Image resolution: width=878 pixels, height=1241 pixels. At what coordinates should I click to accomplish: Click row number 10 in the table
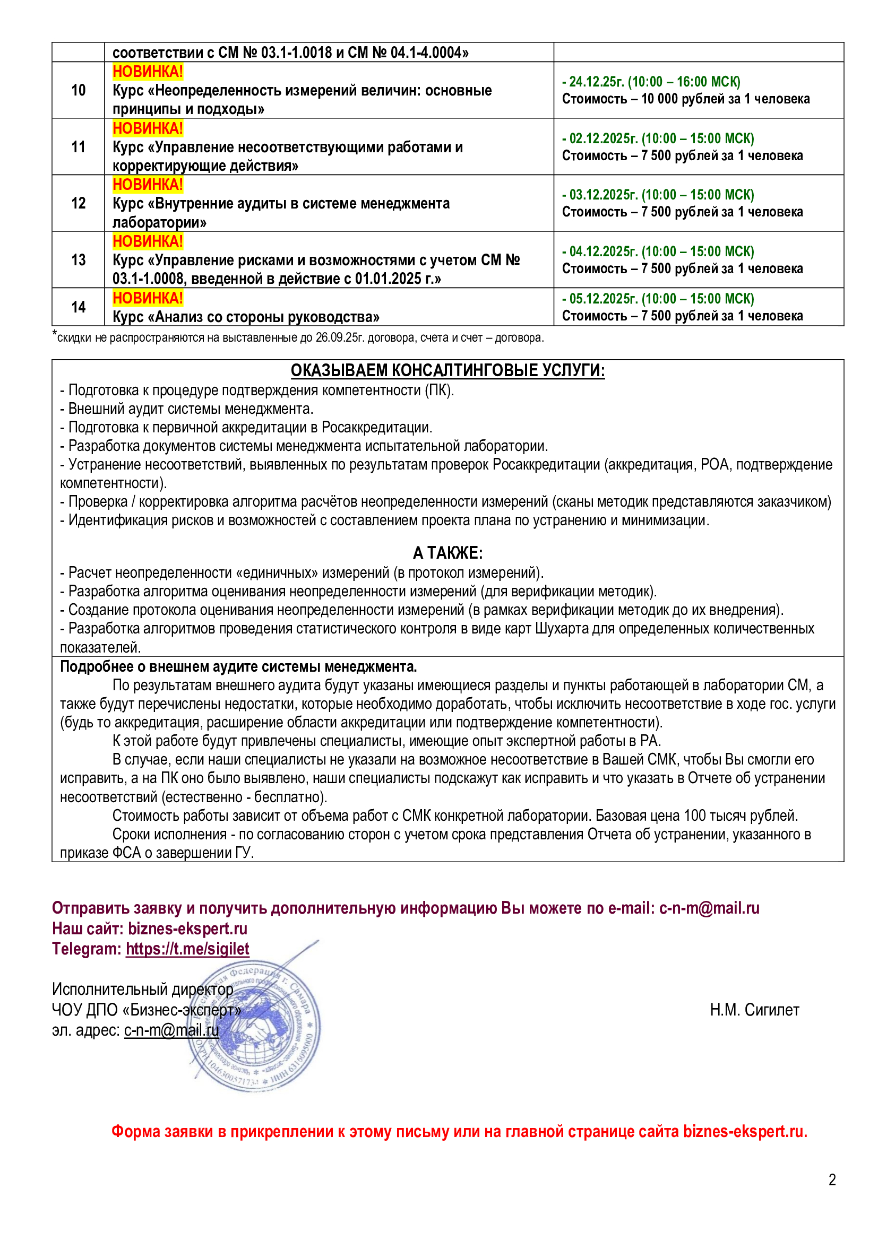(79, 90)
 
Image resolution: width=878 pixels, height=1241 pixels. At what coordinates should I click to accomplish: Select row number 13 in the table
(79, 260)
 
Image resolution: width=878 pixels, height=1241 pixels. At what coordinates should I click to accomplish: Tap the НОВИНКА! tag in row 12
(148, 185)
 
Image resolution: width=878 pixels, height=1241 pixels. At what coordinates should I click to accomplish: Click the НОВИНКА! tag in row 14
(148, 298)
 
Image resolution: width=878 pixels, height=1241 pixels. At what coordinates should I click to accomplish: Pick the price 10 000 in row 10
(659, 99)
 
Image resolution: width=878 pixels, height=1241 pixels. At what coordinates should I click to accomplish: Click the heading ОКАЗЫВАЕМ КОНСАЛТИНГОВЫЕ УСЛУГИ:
(447, 370)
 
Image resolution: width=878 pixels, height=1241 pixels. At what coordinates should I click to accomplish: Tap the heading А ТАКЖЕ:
(447, 553)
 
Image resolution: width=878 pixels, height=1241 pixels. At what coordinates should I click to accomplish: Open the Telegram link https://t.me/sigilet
(187, 949)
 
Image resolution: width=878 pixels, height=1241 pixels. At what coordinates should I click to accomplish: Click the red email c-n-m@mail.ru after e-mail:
(709, 908)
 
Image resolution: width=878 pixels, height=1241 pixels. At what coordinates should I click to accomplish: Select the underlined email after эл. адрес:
(171, 1030)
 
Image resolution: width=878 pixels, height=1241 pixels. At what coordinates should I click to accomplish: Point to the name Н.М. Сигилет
(754, 1010)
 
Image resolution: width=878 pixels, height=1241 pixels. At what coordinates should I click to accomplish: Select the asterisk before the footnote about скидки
(54, 334)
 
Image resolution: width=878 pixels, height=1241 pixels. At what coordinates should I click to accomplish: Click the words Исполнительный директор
(143, 989)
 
